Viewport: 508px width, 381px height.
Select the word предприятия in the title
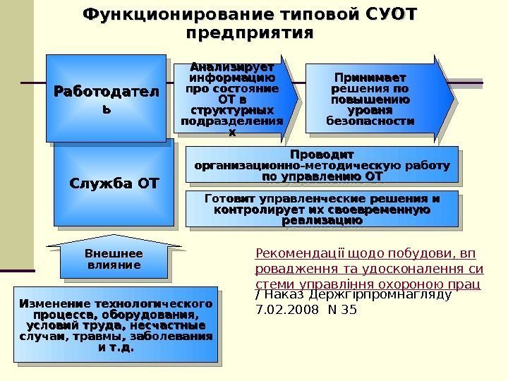click(x=249, y=32)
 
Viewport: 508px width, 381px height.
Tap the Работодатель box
click(x=107, y=99)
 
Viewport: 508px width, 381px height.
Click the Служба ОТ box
click(x=114, y=184)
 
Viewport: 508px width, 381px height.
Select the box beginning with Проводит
click(x=321, y=164)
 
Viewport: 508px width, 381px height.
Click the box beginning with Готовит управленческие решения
click(x=321, y=210)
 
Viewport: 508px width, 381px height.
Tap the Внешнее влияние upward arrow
click(x=114, y=259)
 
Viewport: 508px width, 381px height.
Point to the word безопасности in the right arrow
click(x=370, y=121)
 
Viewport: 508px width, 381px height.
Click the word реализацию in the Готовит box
click(x=322, y=221)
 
